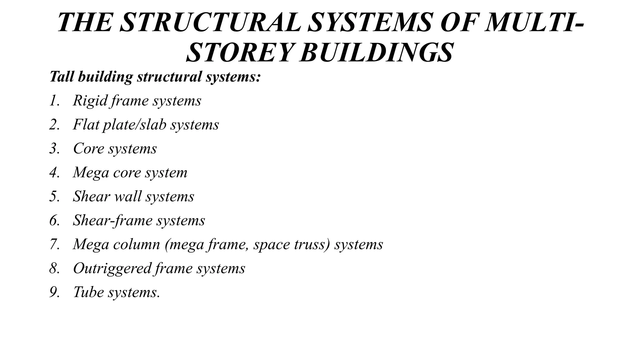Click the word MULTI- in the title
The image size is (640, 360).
pos(534,22)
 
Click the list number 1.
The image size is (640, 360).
pos(54,101)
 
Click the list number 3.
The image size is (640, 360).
pos(54,149)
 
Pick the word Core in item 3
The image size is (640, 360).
pos(89,149)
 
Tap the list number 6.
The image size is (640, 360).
pos(54,221)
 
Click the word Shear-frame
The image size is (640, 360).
pos(112,221)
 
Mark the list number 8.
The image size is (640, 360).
pos(54,268)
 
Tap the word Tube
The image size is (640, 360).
pos(89,292)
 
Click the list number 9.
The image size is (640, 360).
pos(54,292)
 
